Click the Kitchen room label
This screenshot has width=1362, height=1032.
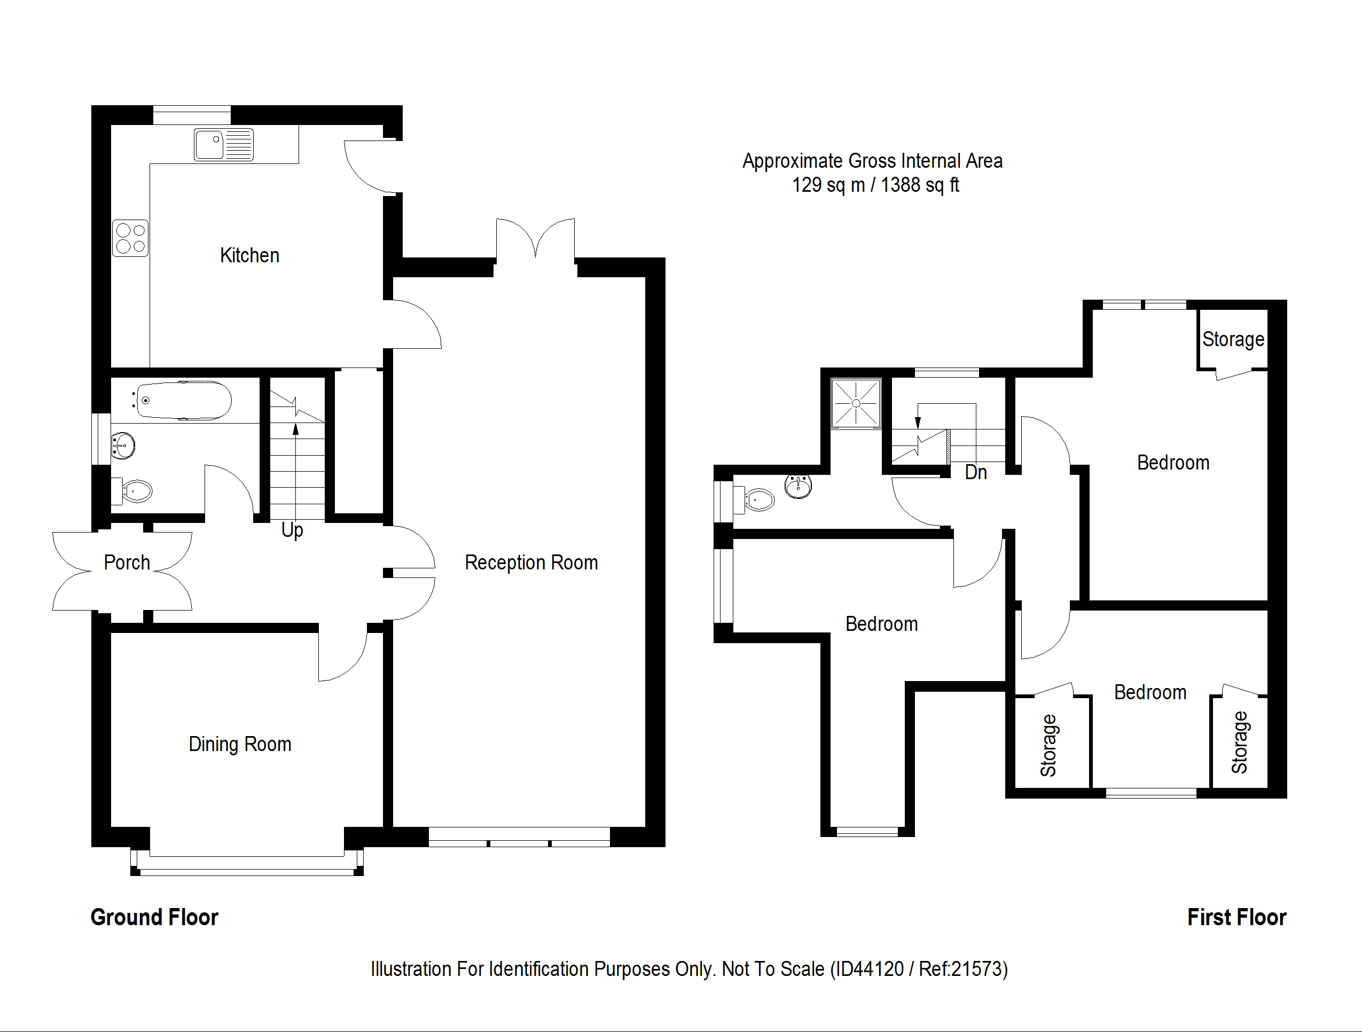pyautogui.click(x=249, y=255)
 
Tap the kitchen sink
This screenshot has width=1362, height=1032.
pyautogui.click(x=223, y=144)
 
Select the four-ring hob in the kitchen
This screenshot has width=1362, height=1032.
pyautogui.click(x=130, y=238)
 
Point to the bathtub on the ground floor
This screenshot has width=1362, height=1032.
pyautogui.click(x=184, y=401)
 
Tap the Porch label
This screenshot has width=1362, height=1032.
pyautogui.click(x=127, y=562)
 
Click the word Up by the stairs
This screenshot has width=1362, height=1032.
pyautogui.click(x=292, y=530)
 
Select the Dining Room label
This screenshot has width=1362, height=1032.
pyautogui.click(x=239, y=744)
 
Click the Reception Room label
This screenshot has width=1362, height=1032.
pyautogui.click(x=531, y=562)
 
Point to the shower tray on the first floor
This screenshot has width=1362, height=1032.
pyautogui.click(x=856, y=403)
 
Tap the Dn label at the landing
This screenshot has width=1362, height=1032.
pyautogui.click(x=975, y=472)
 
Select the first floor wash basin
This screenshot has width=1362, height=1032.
pyautogui.click(x=799, y=487)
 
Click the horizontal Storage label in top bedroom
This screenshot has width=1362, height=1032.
pyautogui.click(x=1233, y=339)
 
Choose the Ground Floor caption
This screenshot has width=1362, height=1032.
pyautogui.click(x=154, y=917)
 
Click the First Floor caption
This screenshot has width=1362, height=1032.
pyautogui.click(x=1236, y=917)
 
